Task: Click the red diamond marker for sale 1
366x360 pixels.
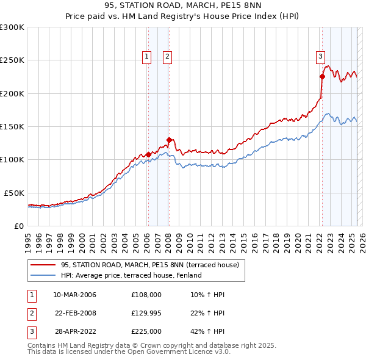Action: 148,154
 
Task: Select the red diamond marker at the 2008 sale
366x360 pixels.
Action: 169,140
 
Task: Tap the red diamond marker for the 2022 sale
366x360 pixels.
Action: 322,77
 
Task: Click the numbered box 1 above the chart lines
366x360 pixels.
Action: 147,57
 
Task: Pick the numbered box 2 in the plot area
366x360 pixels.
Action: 167,57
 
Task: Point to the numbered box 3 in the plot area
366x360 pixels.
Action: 320,57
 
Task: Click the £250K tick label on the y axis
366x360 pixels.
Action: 12,60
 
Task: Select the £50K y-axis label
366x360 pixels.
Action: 15,193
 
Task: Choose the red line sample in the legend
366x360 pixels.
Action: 43,265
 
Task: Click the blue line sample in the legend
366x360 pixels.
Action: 43,275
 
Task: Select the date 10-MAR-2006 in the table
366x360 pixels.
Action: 74,295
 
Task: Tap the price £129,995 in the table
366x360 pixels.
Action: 146,313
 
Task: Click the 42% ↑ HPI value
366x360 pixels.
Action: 207,331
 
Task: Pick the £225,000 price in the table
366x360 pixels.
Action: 146,331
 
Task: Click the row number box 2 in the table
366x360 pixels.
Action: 31,313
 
